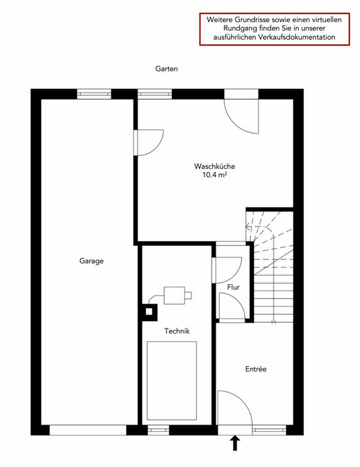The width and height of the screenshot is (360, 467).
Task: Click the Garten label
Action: [x=167, y=69]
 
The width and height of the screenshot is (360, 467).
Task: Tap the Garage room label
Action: [x=91, y=261]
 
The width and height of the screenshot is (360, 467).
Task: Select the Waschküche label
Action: [x=214, y=166]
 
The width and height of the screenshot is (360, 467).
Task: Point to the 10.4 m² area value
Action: [x=214, y=175]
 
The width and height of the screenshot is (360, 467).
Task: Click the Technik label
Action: [x=177, y=331]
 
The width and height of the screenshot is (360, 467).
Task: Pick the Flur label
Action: [x=234, y=288]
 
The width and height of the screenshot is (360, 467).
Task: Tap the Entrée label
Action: [x=256, y=369]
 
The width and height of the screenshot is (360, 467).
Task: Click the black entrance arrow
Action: [x=236, y=443]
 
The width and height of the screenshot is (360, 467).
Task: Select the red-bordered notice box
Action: [x=274, y=29]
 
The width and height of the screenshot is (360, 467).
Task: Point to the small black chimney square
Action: [x=149, y=312]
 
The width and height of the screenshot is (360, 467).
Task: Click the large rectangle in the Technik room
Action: [x=172, y=380]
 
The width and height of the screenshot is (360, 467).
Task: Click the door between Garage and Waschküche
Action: [x=148, y=142]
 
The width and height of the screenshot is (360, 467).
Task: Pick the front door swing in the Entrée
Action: [x=235, y=408]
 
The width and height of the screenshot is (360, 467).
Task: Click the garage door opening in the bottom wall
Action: [x=88, y=430]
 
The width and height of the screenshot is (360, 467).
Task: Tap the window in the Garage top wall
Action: [x=94, y=94]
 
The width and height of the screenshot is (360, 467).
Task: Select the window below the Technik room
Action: [x=159, y=430]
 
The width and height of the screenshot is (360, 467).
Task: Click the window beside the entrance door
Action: [x=269, y=430]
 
